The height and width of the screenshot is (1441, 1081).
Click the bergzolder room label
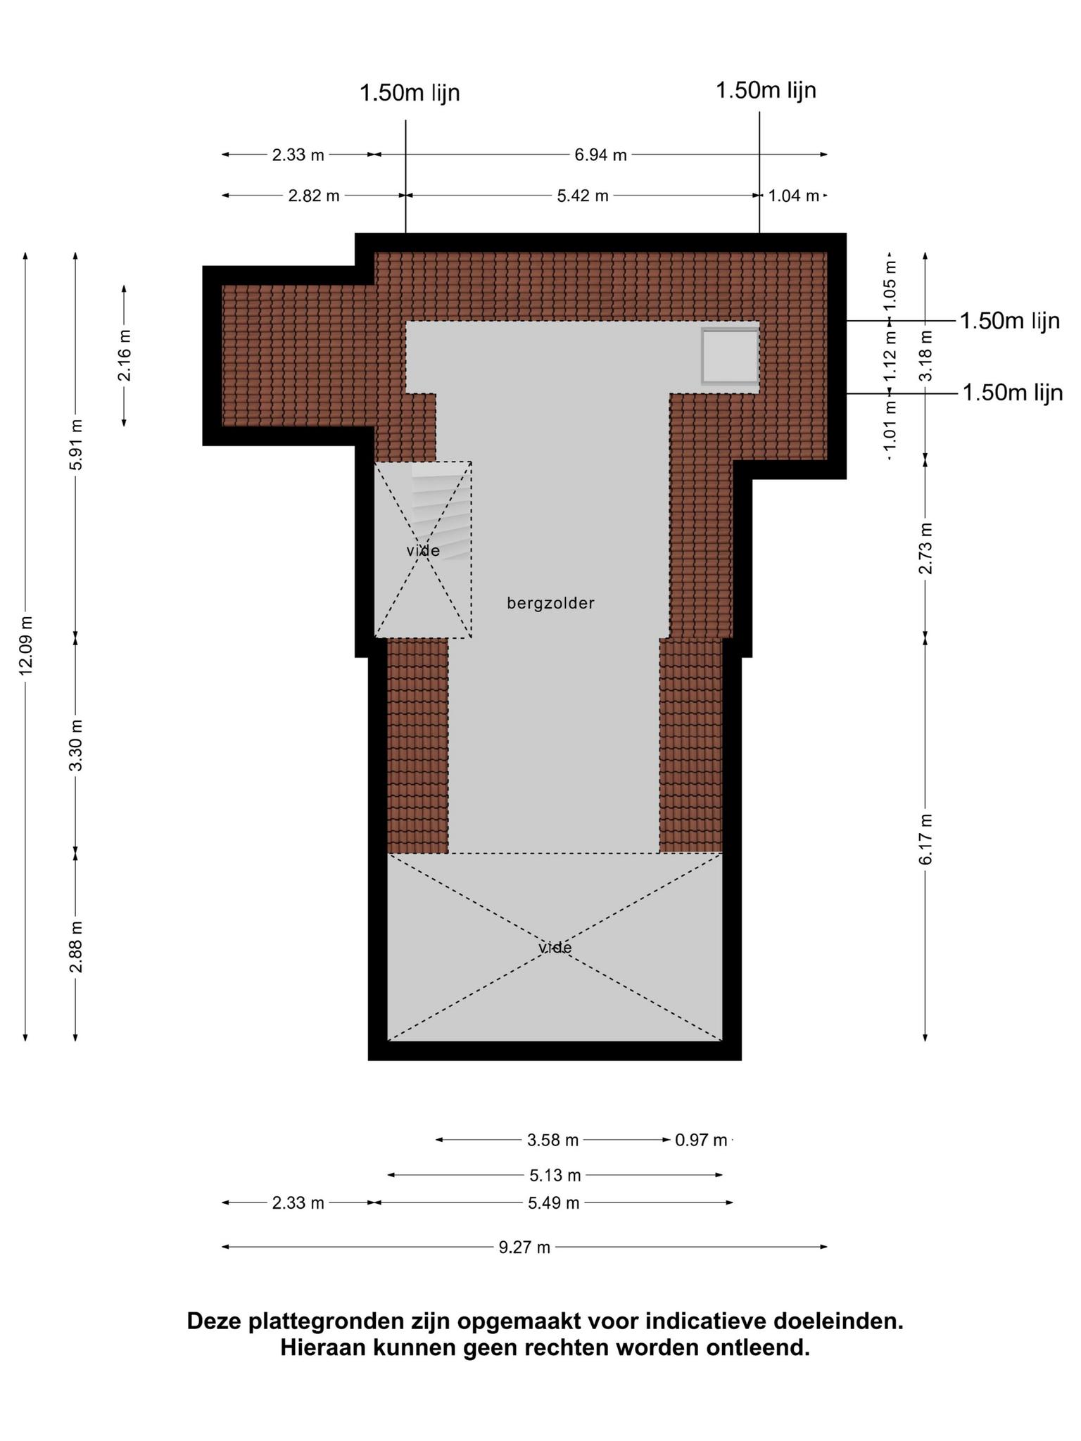tap(551, 603)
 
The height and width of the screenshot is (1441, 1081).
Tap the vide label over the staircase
tap(423, 550)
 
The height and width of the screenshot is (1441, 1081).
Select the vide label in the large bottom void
tap(555, 948)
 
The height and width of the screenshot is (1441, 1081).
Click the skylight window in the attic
tap(730, 356)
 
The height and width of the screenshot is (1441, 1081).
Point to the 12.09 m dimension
tap(26, 645)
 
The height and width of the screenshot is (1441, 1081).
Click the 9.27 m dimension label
tap(524, 1248)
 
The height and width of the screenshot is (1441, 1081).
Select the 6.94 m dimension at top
tap(600, 155)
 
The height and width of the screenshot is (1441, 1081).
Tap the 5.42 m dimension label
tap(583, 196)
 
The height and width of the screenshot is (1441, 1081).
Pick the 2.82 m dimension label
tap(314, 196)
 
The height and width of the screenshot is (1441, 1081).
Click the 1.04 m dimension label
tap(794, 196)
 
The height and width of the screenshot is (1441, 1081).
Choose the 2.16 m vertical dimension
tap(125, 355)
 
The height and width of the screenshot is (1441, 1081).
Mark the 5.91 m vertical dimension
tap(76, 445)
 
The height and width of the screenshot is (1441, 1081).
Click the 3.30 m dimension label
tap(76, 745)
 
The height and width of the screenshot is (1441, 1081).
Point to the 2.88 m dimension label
tap(76, 946)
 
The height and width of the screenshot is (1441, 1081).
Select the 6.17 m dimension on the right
tap(925, 839)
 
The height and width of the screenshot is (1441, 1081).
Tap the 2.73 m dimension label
tap(925, 548)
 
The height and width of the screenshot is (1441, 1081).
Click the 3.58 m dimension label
tap(552, 1140)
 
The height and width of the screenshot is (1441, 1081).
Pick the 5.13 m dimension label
tap(555, 1175)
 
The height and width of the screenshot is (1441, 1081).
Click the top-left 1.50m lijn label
tap(410, 93)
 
